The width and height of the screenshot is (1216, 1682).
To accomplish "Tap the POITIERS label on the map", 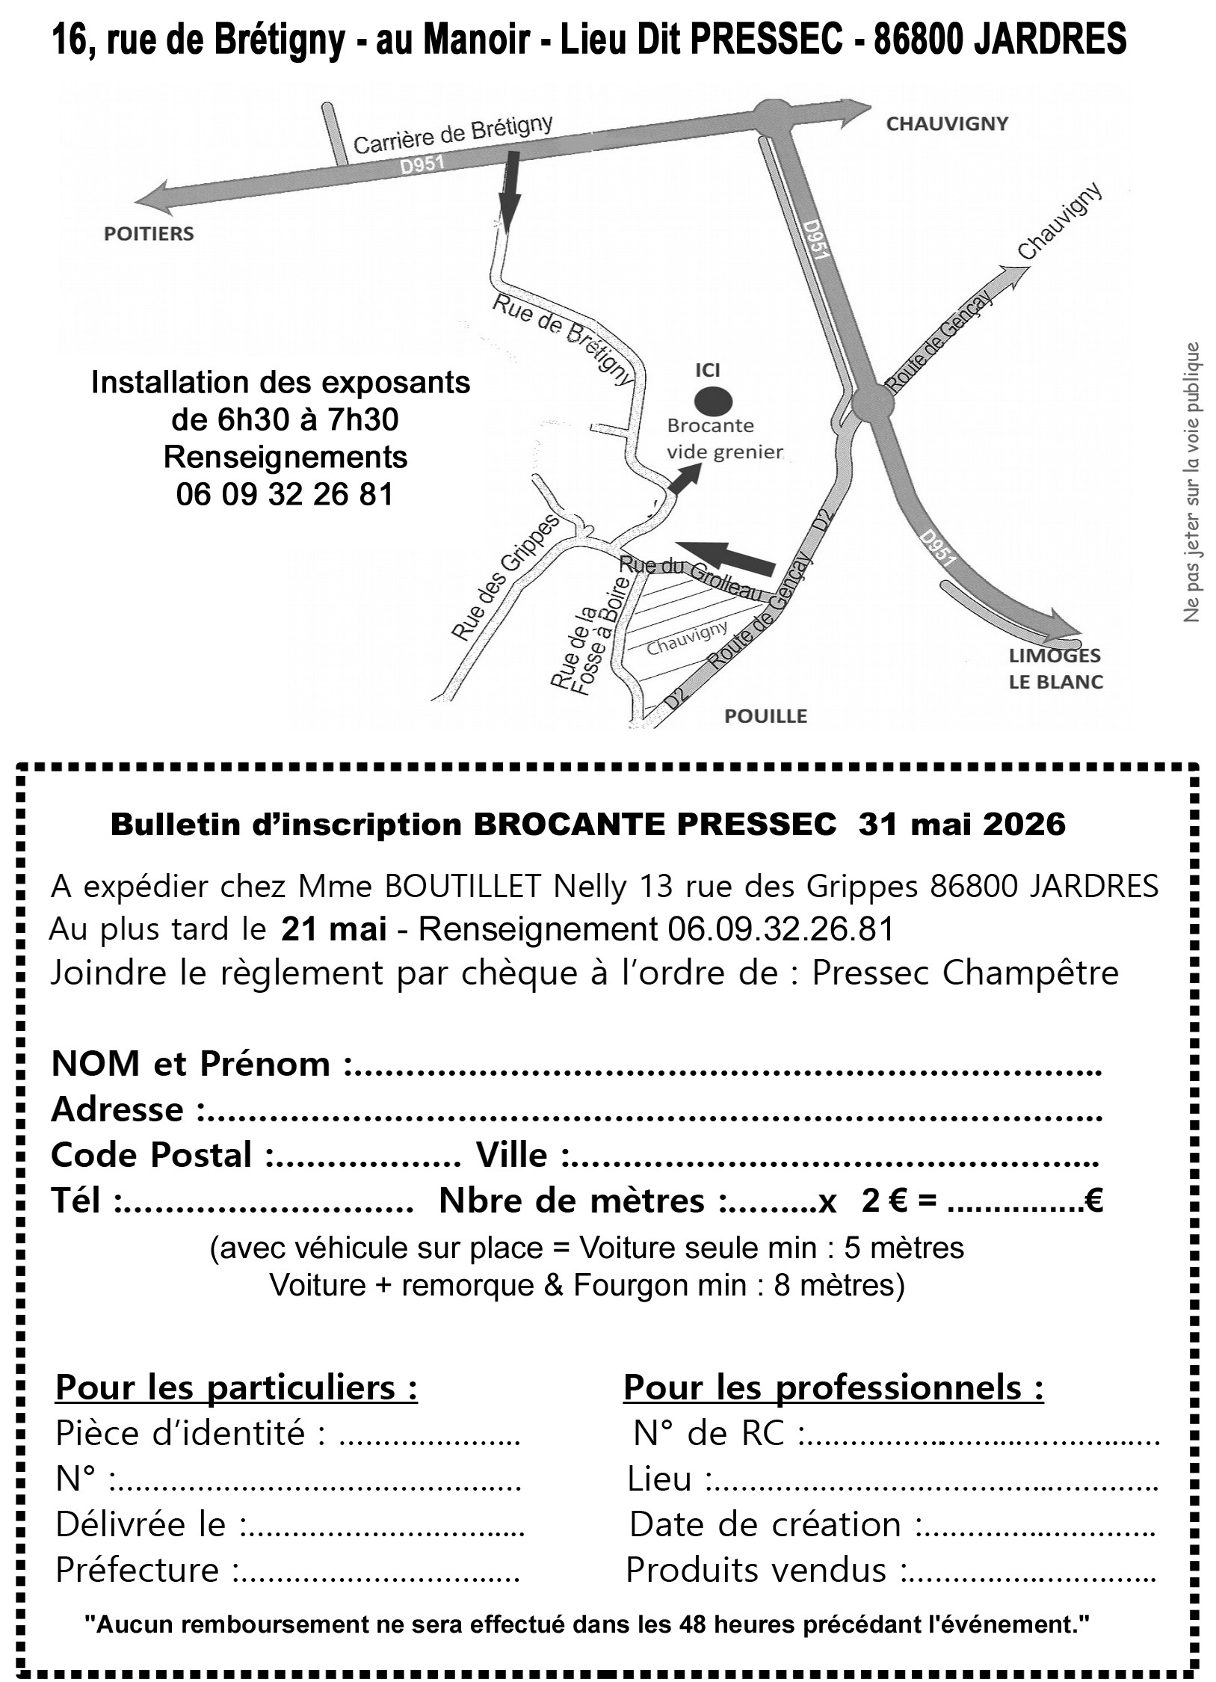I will (x=149, y=234).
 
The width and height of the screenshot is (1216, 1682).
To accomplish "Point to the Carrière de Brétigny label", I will (x=452, y=135).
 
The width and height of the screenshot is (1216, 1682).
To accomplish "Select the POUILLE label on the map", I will (x=766, y=716).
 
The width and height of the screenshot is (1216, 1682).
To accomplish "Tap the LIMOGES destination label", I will (x=1055, y=656).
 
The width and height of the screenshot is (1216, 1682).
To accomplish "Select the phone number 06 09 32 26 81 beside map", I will (x=285, y=494).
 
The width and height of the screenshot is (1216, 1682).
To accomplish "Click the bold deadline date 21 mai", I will (x=334, y=929).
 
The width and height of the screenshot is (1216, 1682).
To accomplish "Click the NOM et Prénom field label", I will (x=191, y=1064).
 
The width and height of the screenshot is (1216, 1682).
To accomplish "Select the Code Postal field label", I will (x=152, y=1155).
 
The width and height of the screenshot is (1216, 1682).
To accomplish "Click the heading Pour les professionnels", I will (x=833, y=1388).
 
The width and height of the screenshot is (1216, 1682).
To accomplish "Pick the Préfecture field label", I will (x=138, y=1570).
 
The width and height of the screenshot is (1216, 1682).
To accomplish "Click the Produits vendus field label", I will (x=756, y=1570).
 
